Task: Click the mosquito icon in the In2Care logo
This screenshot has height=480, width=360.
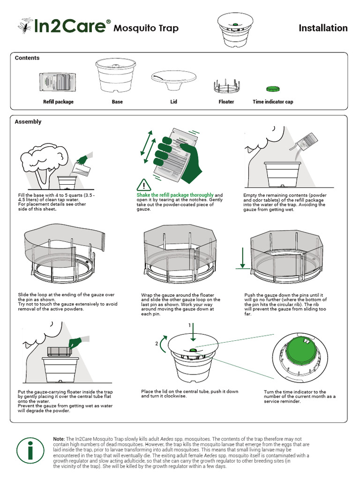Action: coord(24,26)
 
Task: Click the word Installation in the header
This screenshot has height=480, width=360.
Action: coord(323,28)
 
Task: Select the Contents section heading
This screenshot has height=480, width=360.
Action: coord(27,58)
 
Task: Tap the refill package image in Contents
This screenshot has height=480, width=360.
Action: coord(58,82)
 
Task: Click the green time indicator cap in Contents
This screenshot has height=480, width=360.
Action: coord(272,89)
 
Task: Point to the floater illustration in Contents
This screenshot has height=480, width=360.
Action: coord(226,86)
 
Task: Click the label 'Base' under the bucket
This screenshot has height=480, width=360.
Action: coord(117,102)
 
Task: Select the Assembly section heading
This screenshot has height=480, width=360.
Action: coord(28,122)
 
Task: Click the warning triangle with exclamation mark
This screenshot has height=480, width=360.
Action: coord(144,184)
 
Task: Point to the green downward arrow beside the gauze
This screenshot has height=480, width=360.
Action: coord(242,258)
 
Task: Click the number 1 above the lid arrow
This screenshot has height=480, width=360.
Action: coord(190,325)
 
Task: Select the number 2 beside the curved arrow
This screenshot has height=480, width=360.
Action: coord(157,344)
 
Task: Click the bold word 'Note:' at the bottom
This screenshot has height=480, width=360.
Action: coord(59,438)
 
